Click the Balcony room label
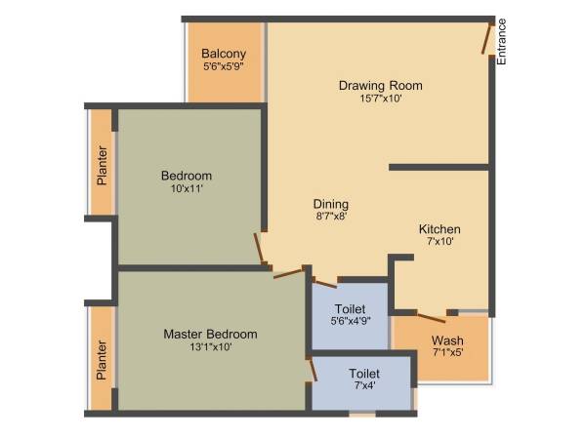coord(224,54)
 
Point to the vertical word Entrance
coord(502,42)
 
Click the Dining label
coord(331,204)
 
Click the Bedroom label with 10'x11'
coord(187,176)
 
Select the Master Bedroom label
coord(210,334)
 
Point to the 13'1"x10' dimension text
coord(210,346)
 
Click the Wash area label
coord(447,341)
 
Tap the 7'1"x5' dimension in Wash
coord(447,353)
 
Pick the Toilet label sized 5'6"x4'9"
coord(350,308)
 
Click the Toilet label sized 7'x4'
coord(365,374)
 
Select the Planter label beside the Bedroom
coord(102,166)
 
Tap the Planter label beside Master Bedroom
coord(102,359)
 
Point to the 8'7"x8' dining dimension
coord(331,218)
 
